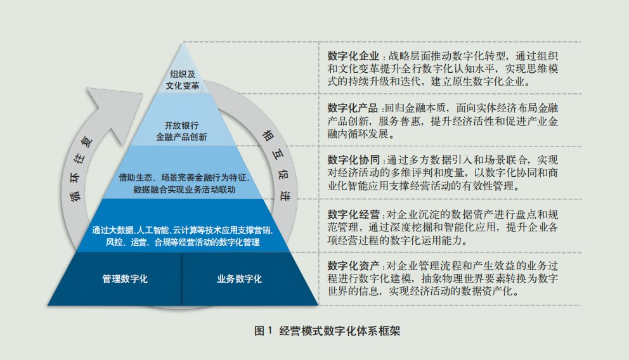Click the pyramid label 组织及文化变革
tap(183, 80)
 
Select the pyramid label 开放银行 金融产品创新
tap(181, 131)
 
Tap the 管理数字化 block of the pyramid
tap(125, 279)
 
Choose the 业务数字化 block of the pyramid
tap(240, 279)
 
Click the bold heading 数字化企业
tap(353, 56)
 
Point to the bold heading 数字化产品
tap(353, 108)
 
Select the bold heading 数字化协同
tap(353, 160)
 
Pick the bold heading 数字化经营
tap(353, 214)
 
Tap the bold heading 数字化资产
tap(353, 266)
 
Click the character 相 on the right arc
tap(268, 135)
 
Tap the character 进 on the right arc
tap(285, 195)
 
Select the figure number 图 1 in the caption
tap(263, 331)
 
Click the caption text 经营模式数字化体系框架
tap(340, 331)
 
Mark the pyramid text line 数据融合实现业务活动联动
tap(184, 190)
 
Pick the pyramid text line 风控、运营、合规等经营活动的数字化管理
tap(183, 241)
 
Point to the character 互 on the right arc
tap(278, 155)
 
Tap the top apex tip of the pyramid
tap(183, 42)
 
